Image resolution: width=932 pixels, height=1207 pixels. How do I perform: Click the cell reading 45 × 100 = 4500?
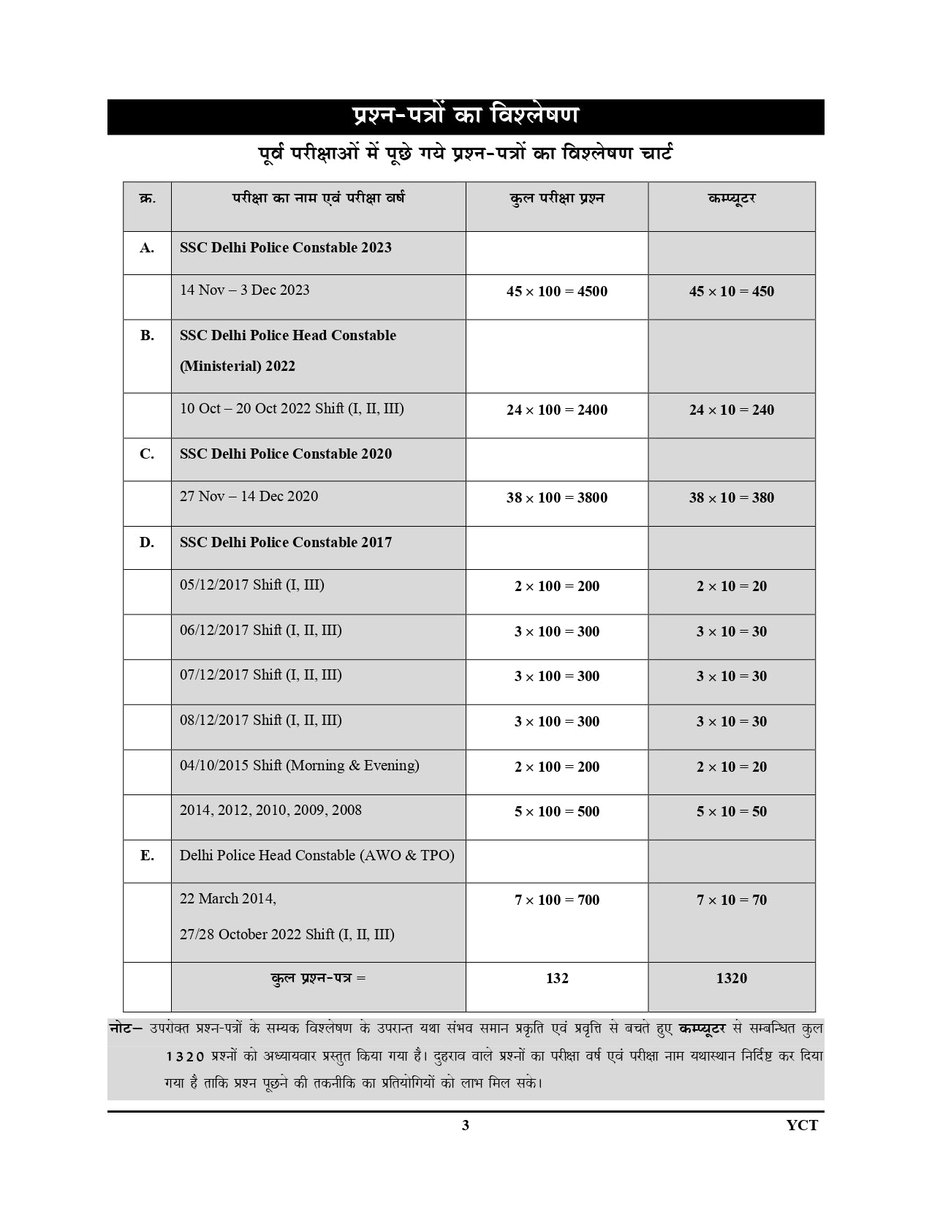click(x=556, y=291)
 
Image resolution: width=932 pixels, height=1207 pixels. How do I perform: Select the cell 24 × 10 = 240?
click(x=731, y=410)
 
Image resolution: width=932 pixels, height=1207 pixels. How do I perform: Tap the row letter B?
click(x=147, y=335)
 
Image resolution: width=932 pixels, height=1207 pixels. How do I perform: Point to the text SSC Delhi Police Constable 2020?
click(x=286, y=454)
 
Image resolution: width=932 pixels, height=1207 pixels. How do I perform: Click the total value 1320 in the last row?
click(x=731, y=978)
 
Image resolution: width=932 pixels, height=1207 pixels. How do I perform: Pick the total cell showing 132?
click(x=556, y=978)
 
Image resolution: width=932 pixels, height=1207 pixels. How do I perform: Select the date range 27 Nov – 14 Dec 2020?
click(x=249, y=496)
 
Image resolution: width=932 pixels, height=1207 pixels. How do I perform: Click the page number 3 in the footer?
click(x=466, y=1125)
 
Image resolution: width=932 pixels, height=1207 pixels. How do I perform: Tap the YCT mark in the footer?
click(x=802, y=1125)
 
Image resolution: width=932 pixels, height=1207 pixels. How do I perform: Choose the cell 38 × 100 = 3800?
click(x=556, y=497)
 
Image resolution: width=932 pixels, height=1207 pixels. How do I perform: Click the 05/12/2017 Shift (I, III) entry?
click(x=252, y=584)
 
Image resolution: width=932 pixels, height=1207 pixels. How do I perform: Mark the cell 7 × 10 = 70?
click(x=731, y=900)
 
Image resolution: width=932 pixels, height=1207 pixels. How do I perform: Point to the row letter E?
click(x=147, y=855)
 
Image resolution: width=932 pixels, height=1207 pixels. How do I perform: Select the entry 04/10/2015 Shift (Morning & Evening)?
click(x=300, y=765)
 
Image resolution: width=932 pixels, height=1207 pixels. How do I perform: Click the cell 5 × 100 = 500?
click(x=556, y=811)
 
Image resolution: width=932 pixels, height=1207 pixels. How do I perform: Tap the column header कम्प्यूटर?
click(x=731, y=198)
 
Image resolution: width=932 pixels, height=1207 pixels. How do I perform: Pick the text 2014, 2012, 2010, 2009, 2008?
click(x=270, y=810)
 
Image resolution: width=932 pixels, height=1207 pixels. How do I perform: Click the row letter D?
click(x=147, y=542)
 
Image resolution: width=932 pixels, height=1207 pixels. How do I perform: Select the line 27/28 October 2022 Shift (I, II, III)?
click(x=287, y=934)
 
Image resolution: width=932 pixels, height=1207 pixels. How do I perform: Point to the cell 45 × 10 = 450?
click(x=731, y=291)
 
